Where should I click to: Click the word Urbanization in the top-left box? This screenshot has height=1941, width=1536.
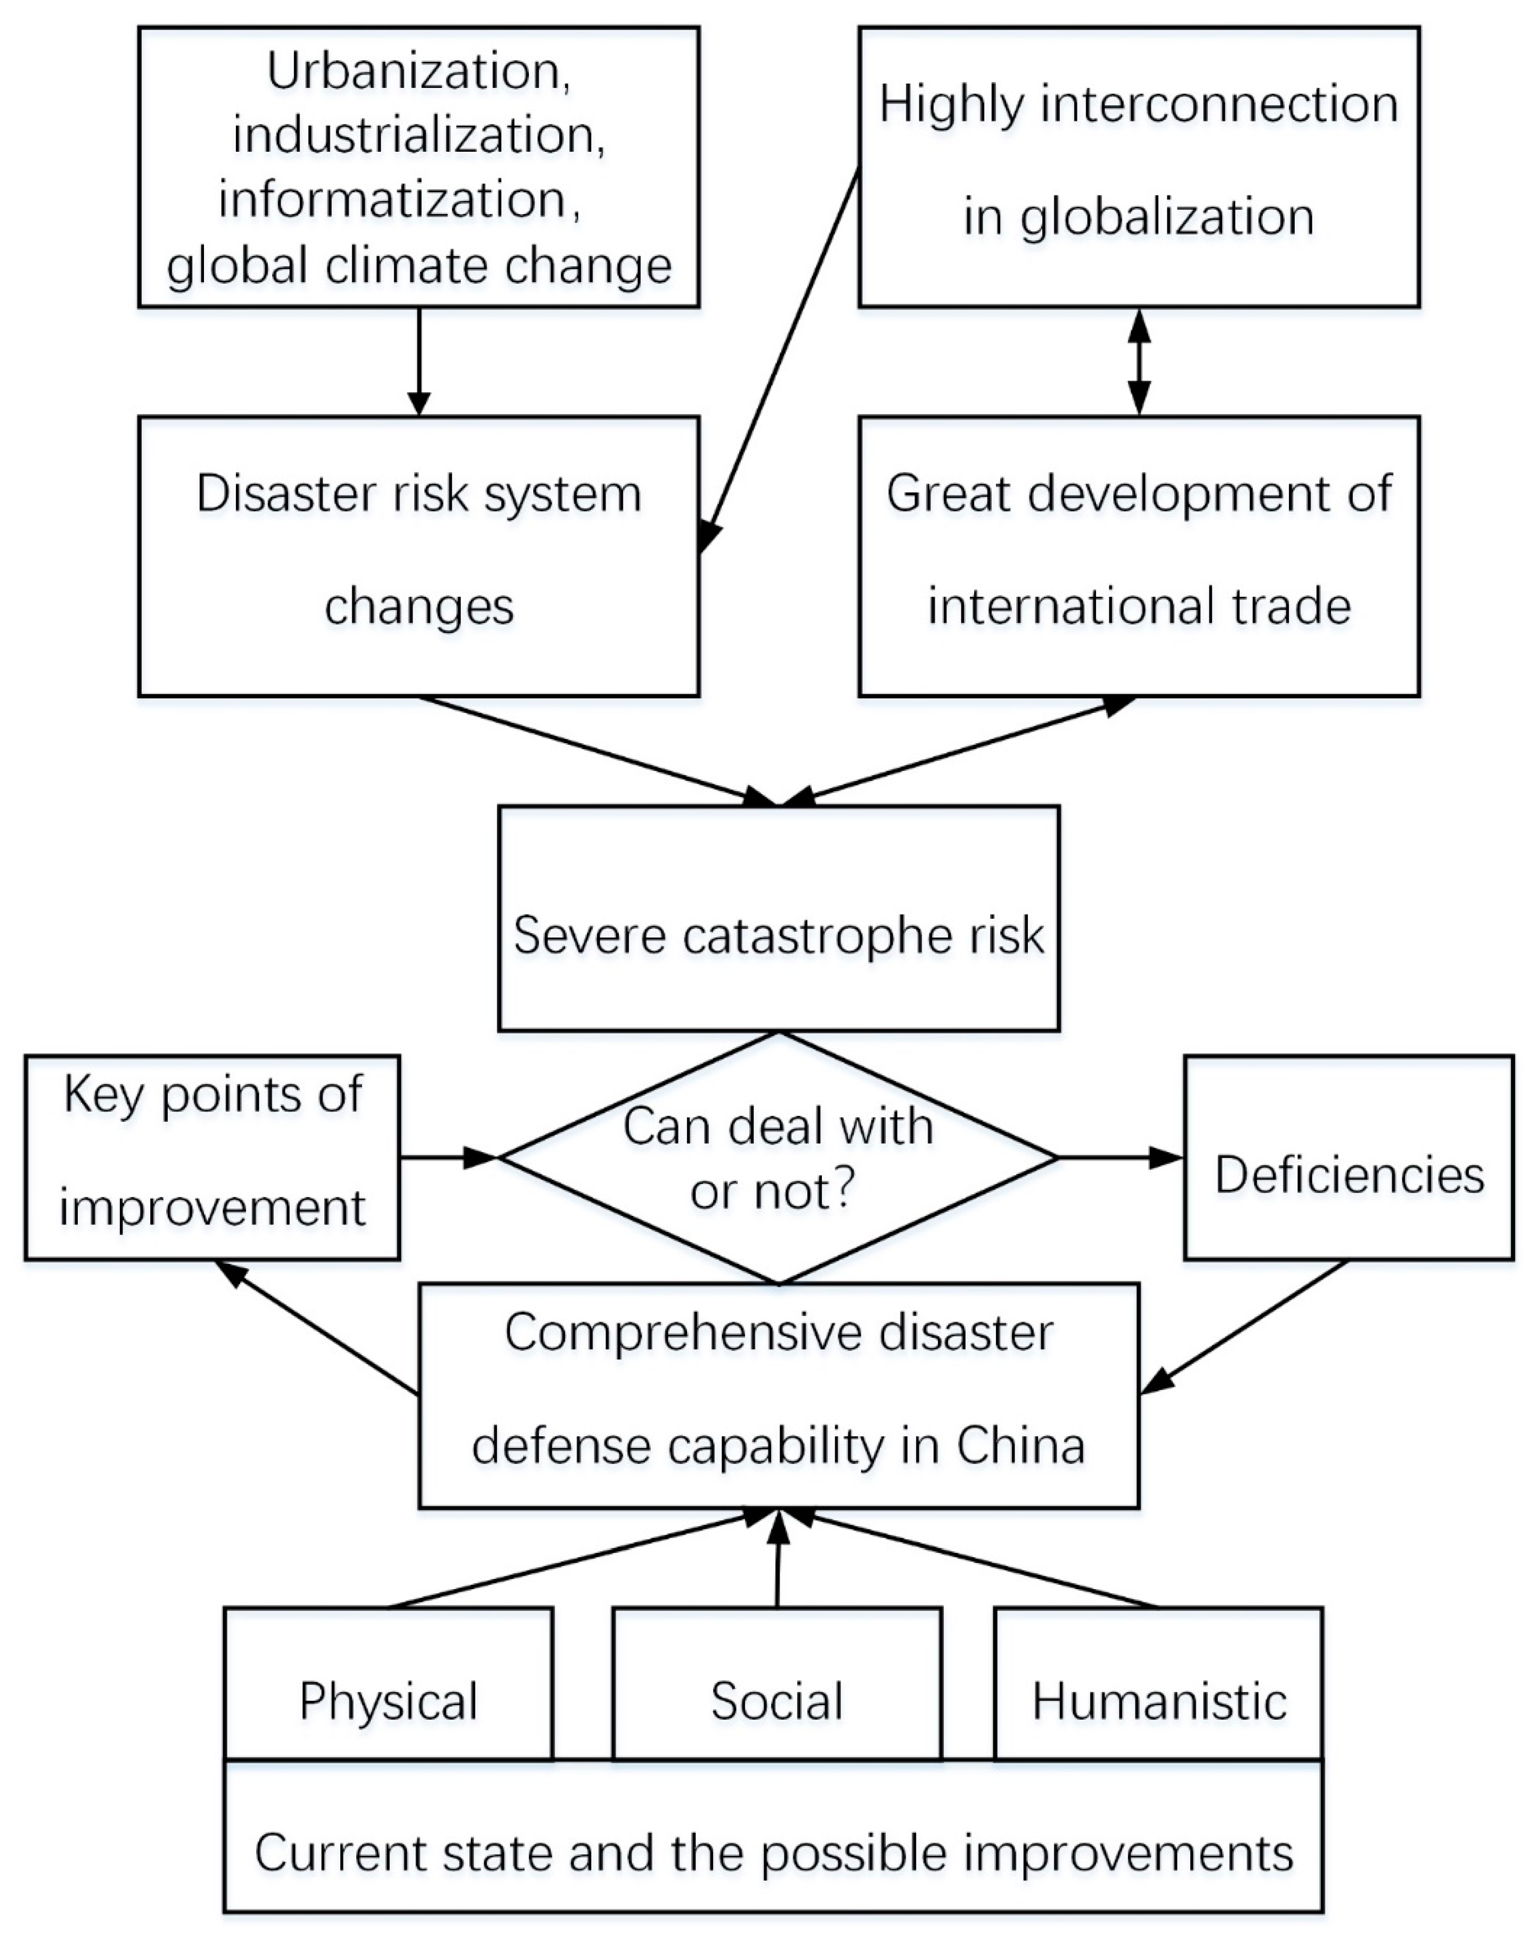[418, 72]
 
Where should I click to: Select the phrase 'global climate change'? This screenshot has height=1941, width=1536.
[418, 265]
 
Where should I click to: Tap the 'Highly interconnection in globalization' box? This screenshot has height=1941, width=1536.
[1139, 166]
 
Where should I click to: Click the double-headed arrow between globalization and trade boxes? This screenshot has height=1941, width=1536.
[1139, 361]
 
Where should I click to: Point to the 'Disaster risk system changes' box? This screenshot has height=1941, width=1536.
[418, 550]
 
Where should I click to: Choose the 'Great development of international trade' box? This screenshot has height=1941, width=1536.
[1139, 550]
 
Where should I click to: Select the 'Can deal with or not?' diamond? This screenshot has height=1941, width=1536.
[779, 1158]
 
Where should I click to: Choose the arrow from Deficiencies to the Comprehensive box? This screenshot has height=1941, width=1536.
[1246, 1327]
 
